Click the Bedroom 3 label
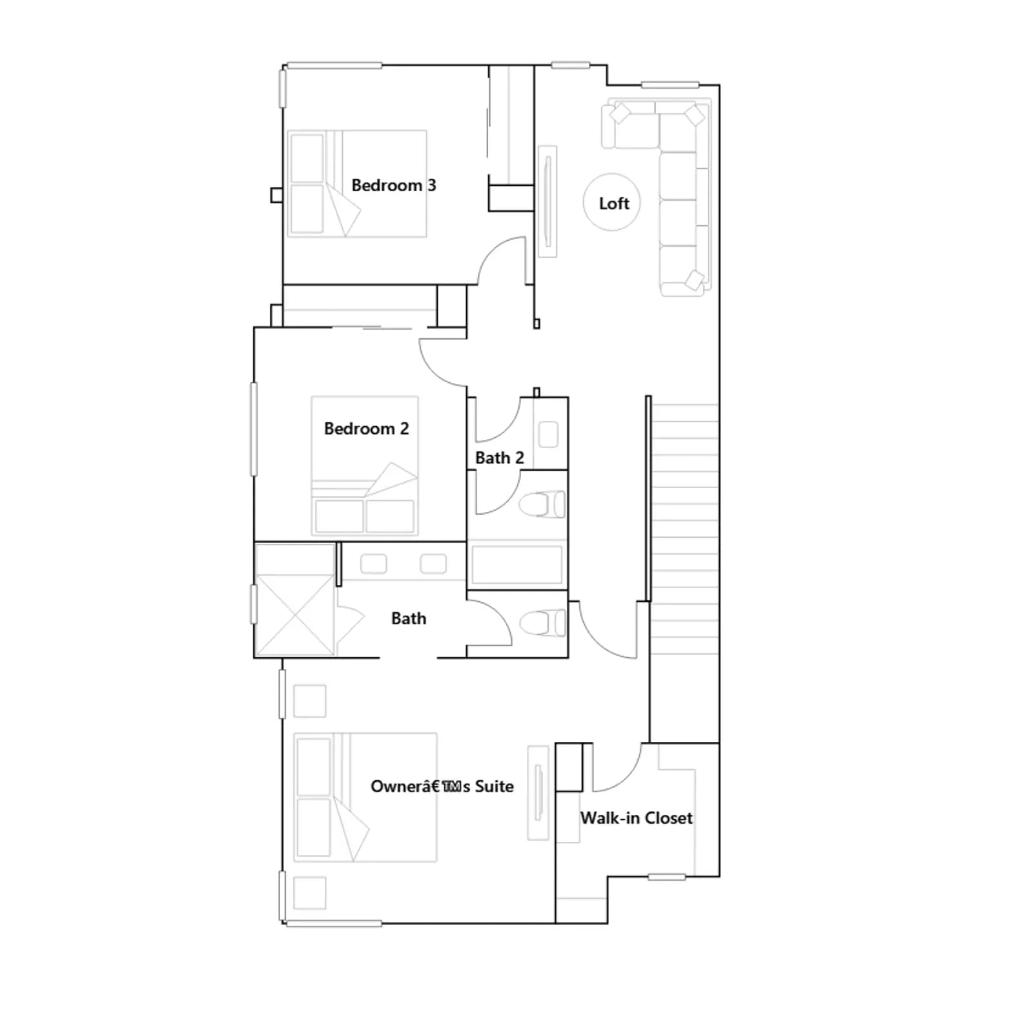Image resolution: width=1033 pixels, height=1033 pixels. click(394, 185)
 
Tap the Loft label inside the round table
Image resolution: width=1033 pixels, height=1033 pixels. click(614, 203)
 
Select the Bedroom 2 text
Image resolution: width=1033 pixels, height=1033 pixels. click(366, 429)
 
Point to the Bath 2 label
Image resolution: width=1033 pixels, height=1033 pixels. click(499, 458)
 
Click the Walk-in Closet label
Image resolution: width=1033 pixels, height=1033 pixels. click(637, 818)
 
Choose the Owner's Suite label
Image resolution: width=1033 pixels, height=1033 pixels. click(442, 786)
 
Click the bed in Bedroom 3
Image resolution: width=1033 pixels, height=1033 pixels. click(357, 184)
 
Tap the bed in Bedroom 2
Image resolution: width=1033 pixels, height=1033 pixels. click(365, 465)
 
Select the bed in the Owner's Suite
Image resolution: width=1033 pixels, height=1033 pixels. click(365, 797)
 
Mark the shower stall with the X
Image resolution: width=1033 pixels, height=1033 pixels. click(295, 600)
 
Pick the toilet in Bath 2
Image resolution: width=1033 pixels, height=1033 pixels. click(542, 504)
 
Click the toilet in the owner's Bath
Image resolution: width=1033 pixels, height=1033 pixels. click(542, 624)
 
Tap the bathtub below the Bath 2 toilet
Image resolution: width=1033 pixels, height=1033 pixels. click(517, 565)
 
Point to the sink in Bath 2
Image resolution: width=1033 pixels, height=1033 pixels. click(548, 434)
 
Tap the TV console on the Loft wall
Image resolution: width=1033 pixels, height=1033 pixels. click(547, 201)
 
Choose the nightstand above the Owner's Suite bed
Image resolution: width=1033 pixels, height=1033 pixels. click(310, 701)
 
